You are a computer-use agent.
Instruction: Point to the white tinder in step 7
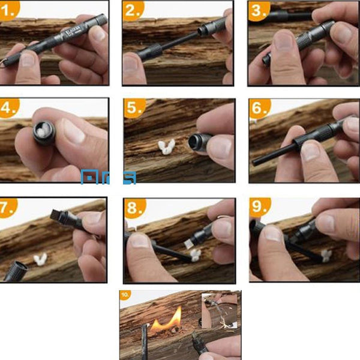pos(40,259)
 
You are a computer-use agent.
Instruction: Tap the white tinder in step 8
pos(195,256)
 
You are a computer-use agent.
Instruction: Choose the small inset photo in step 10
pos(220,311)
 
